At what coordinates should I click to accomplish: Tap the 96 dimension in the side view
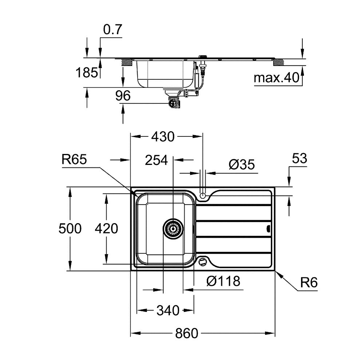click(x=123, y=96)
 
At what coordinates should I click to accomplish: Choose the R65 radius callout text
click(x=74, y=160)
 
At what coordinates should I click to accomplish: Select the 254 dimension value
click(x=156, y=160)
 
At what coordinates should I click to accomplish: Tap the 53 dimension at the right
click(x=300, y=159)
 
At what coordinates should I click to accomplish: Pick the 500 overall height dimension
click(x=70, y=229)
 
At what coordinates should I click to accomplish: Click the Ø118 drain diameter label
click(x=223, y=281)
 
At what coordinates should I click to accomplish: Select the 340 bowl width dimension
click(x=168, y=310)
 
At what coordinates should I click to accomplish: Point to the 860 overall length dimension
click(x=187, y=333)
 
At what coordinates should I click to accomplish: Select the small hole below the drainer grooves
click(x=203, y=261)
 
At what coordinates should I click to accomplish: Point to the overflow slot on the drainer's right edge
click(x=269, y=229)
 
